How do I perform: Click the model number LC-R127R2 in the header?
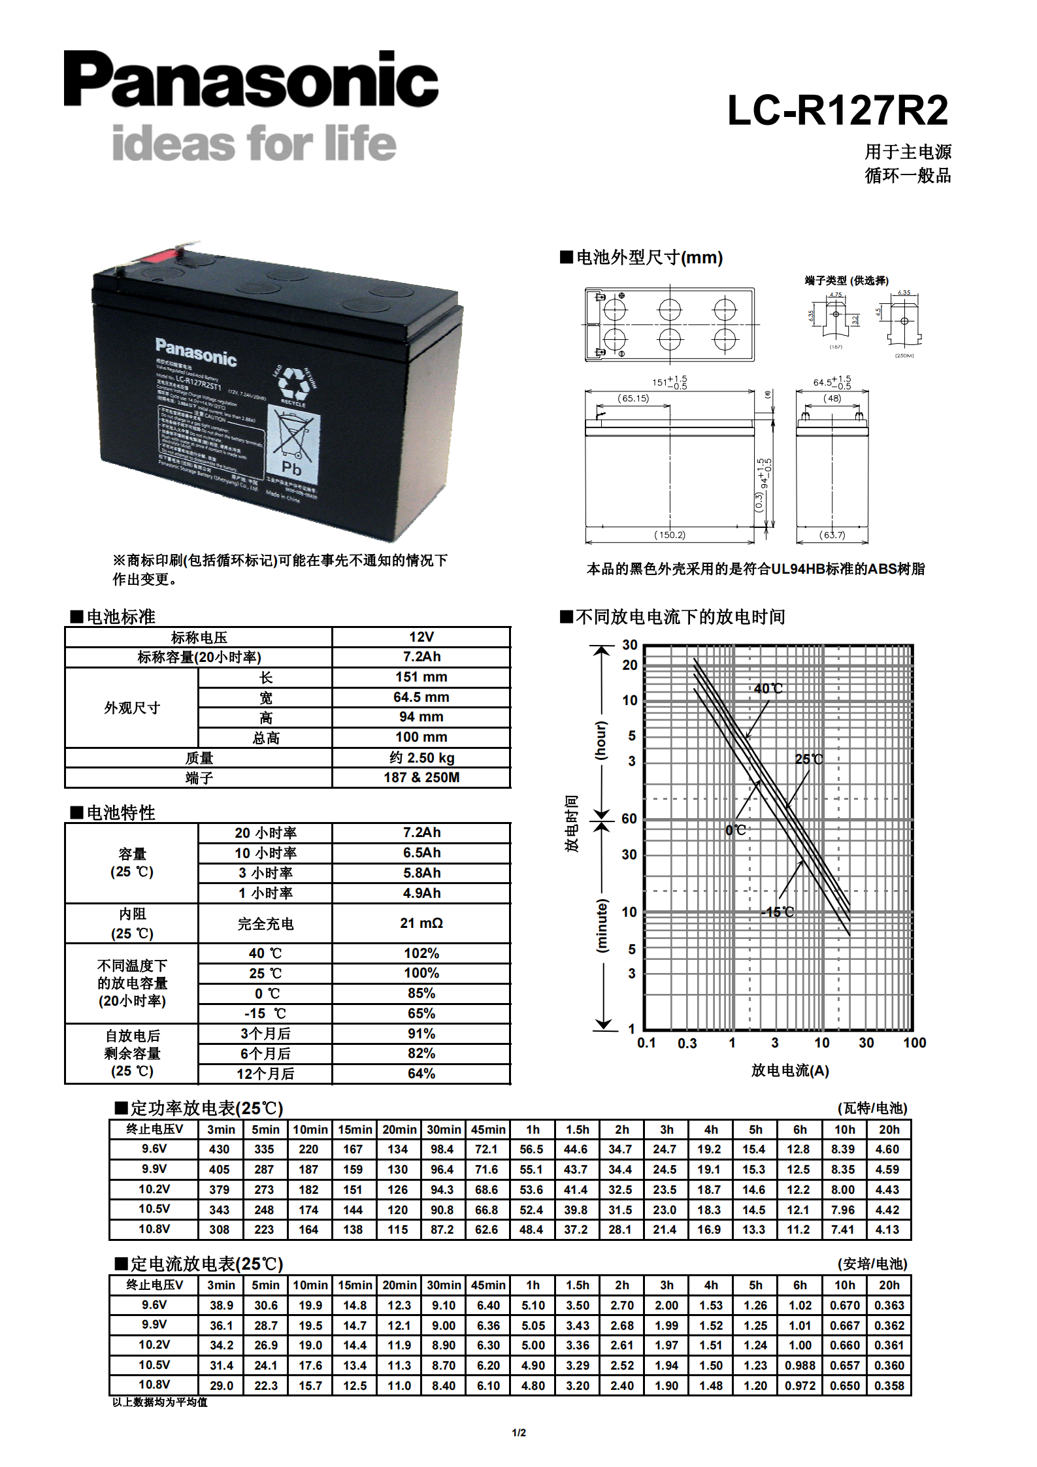point(837,110)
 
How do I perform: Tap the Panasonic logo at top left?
point(251,79)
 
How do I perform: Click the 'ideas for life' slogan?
point(254,143)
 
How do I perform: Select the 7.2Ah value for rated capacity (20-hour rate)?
point(421,657)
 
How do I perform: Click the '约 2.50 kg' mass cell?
point(421,757)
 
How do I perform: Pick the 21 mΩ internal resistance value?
point(421,923)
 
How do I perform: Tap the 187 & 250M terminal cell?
point(421,778)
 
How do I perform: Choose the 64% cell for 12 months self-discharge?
point(421,1074)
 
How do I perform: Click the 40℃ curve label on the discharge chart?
point(768,689)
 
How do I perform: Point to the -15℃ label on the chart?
point(778,912)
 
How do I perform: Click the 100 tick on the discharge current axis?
point(914,1043)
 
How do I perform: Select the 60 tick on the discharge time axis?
point(629,819)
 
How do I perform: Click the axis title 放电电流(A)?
point(789,1070)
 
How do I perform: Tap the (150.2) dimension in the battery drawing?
point(670,535)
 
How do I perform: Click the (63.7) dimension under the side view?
point(832,535)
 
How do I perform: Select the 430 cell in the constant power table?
point(220,1149)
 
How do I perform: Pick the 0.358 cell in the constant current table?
point(889,1385)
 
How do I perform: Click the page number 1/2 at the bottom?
point(519,1433)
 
